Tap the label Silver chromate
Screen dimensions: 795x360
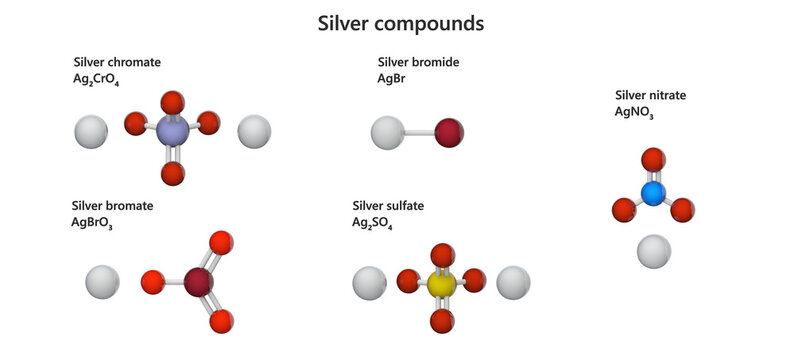click(117, 62)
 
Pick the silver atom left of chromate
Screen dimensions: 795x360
click(91, 131)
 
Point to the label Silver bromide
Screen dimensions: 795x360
click(418, 62)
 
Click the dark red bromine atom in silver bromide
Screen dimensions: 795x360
click(449, 131)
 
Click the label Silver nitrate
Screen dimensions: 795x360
click(650, 95)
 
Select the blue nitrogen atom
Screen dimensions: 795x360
click(653, 193)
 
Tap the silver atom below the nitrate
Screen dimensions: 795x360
click(654, 250)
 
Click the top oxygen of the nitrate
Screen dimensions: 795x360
click(653, 159)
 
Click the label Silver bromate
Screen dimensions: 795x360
click(113, 206)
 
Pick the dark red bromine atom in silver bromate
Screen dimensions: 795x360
click(199, 283)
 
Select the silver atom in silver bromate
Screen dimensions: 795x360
click(102, 282)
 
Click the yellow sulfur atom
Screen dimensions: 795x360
click(441, 285)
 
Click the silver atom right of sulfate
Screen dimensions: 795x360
click(513, 283)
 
